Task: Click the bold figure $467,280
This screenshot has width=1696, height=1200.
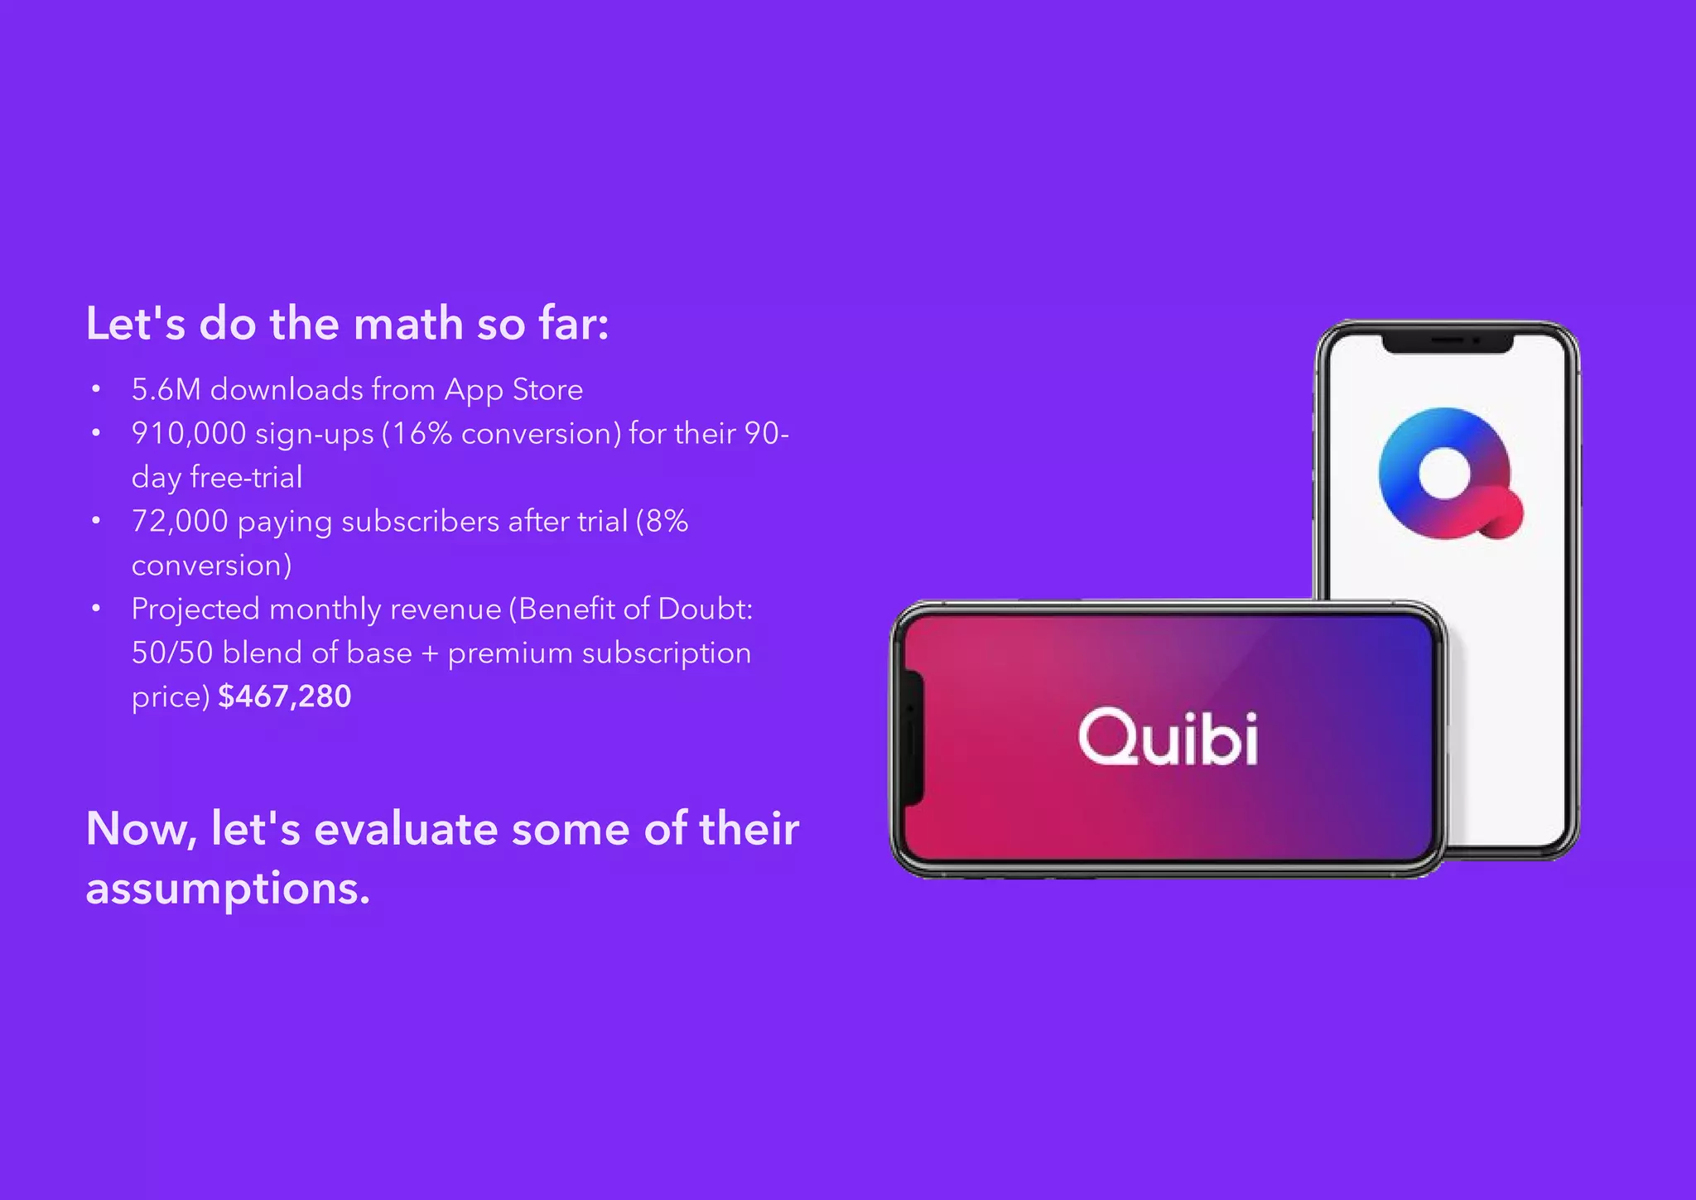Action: click(x=284, y=696)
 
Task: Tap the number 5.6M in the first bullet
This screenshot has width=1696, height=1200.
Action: click(x=166, y=389)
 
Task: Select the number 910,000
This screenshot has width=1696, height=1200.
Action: click(x=189, y=433)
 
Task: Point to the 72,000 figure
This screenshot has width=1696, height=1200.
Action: click(x=180, y=521)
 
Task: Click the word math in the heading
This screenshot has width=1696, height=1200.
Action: click(x=407, y=323)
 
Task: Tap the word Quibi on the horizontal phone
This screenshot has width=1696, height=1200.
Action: click(x=1168, y=737)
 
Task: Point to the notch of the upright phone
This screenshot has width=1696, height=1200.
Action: click(x=1448, y=342)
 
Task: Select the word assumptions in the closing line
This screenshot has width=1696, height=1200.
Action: click(x=227, y=889)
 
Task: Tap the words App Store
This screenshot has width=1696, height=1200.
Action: click(x=513, y=389)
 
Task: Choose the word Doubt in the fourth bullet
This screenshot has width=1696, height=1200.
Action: click(x=705, y=609)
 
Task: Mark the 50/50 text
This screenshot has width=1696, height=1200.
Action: click(x=172, y=653)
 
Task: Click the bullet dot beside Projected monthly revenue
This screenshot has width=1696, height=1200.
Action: click(x=97, y=609)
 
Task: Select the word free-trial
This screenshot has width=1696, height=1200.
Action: click(x=246, y=477)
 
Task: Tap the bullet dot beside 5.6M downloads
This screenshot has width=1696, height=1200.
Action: click(x=97, y=389)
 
